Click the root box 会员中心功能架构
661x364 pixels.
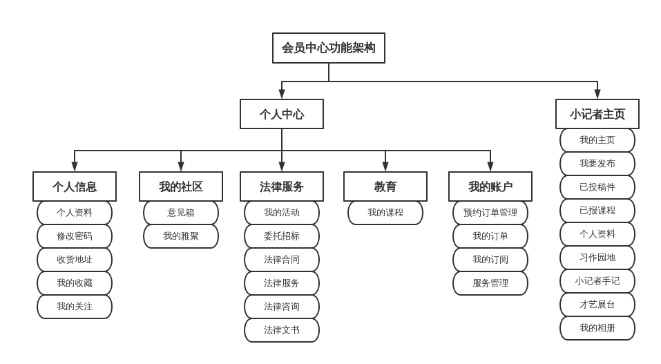[328, 48]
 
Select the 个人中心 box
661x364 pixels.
[281, 114]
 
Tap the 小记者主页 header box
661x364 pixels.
[597, 114]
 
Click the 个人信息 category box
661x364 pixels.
[74, 186]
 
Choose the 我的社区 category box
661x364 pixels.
[180, 186]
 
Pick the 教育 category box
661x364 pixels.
[385, 186]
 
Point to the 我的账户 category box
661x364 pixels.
[490, 186]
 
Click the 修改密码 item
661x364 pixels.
[74, 236]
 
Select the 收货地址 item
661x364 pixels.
[74, 260]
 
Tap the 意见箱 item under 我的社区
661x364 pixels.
[180, 213]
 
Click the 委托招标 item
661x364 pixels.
[281, 236]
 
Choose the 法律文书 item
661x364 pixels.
[281, 330]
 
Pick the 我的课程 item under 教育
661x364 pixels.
[385, 213]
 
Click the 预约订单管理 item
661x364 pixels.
[490, 213]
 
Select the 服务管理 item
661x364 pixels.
[490, 283]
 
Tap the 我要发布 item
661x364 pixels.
[597, 164]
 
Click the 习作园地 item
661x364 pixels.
[597, 258]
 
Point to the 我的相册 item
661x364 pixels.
[597, 328]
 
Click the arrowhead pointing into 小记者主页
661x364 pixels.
[597, 94]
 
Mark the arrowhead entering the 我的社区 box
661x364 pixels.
[180, 166]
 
